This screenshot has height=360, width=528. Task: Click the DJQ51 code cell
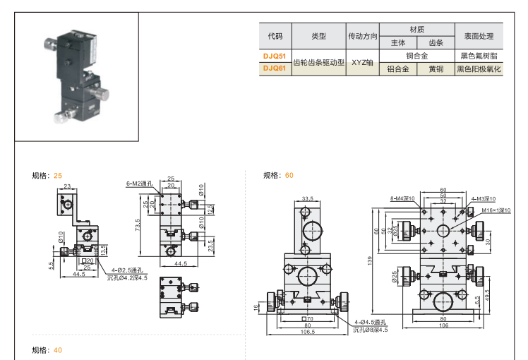[275, 55]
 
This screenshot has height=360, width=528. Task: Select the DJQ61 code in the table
[275, 69]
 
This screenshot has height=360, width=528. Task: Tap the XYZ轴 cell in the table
[361, 62]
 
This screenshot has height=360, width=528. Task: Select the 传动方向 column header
[361, 36]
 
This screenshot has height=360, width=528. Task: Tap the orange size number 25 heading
[58, 175]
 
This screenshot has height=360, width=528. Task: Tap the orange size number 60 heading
[289, 175]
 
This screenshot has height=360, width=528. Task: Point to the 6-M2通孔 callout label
[140, 184]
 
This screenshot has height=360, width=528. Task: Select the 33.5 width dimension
[307, 198]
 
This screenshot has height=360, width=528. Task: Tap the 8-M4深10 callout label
[402, 199]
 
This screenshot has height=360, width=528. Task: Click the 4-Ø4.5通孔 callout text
[371, 323]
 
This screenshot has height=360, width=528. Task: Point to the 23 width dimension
[68, 186]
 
